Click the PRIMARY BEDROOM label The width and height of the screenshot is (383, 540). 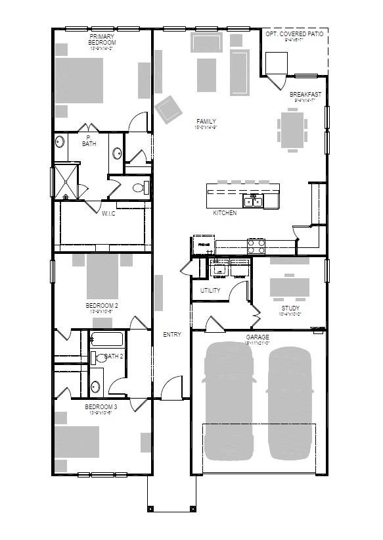[x=102, y=40]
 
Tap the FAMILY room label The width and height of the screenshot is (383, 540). [x=206, y=122]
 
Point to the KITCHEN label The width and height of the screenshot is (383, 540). [x=225, y=213]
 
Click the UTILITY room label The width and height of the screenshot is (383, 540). [x=211, y=290]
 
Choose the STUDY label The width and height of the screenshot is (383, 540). [x=290, y=308]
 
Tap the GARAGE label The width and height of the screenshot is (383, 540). [x=258, y=337]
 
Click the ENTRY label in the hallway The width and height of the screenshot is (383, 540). [x=172, y=335]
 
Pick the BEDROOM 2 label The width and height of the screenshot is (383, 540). [x=102, y=306]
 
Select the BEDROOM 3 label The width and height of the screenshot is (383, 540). [x=101, y=407]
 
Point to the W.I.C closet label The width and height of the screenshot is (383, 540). [x=108, y=213]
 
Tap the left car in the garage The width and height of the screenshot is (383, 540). [x=228, y=401]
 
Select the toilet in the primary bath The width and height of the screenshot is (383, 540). [x=139, y=188]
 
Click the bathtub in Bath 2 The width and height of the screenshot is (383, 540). [x=106, y=341]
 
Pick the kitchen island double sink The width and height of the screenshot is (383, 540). [x=253, y=201]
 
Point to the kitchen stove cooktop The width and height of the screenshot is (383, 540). [x=256, y=246]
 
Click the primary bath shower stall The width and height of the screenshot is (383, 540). [x=66, y=181]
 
